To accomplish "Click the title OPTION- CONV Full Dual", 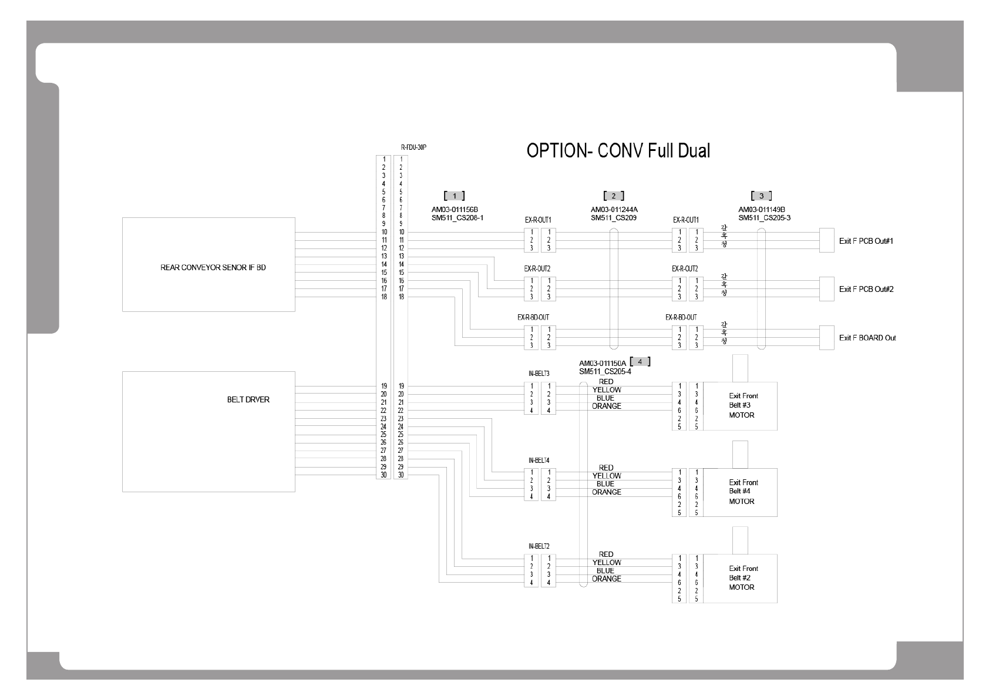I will pos(618,151).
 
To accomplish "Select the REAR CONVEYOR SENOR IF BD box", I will pos(208,264).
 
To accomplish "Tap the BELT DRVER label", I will pos(248,400).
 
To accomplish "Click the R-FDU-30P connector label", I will pos(413,148).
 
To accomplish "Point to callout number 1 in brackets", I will pos(455,196).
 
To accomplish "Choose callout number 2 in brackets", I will pos(614,196).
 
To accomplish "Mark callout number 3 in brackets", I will pos(761,196).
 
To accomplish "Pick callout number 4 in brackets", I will pos(640,362).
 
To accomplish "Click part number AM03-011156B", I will pos(455,210).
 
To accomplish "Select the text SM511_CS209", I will pos(614,218).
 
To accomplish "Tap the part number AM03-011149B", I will pos(761,210).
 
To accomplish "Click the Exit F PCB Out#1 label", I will pos(866,241).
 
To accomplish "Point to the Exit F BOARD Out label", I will pos(867,338).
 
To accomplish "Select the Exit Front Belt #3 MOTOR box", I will pos(740,406).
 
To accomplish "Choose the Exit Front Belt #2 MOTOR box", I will pos(740,578).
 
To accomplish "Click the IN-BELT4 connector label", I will pos(539,460).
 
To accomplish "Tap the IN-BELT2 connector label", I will pos(539,546).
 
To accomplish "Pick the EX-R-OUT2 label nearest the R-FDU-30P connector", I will pos(537,268).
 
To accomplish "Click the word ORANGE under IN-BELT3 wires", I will pos(606,406).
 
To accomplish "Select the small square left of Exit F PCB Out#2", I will pos(826,289).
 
